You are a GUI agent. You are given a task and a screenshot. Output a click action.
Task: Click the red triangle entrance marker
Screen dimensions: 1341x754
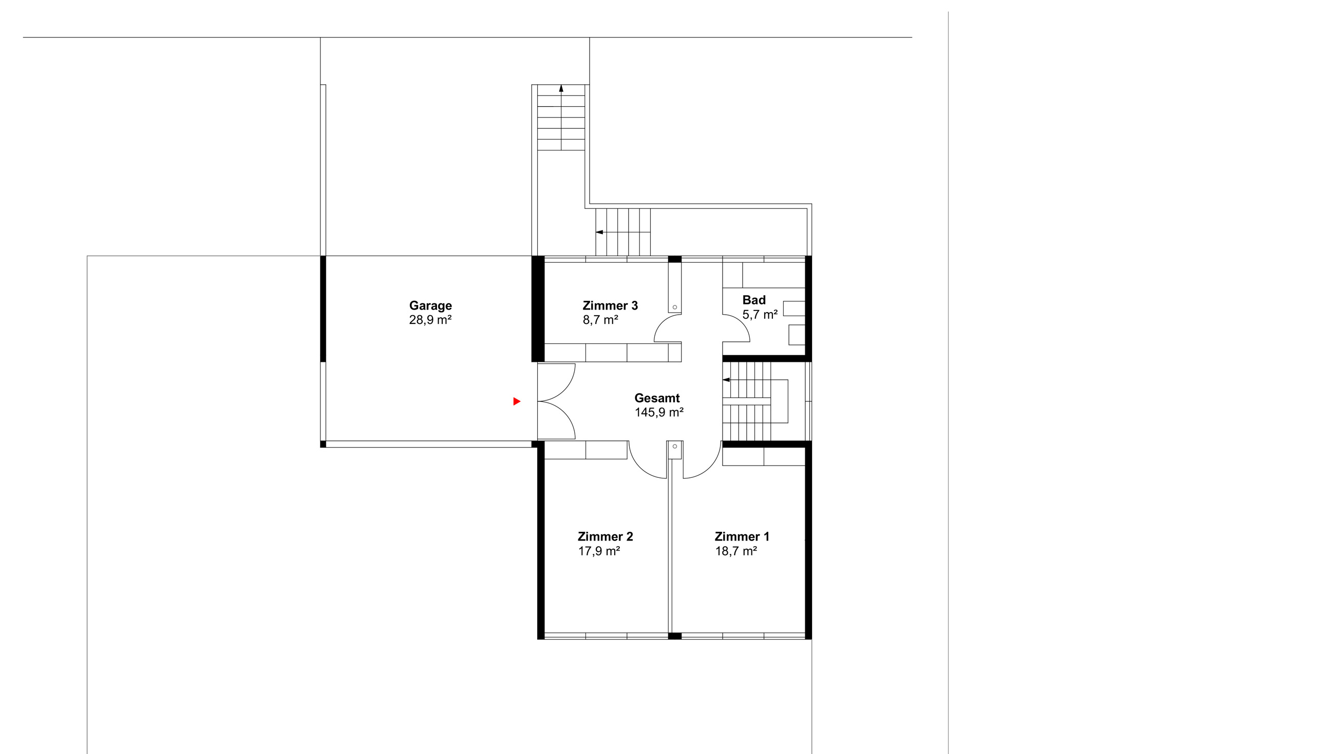coord(517,401)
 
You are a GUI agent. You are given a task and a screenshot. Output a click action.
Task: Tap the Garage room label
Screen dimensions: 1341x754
coord(430,306)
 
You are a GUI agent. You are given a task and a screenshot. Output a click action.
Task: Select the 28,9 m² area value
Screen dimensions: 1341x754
coord(430,319)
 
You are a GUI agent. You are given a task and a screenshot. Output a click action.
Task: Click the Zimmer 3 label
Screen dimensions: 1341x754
coord(610,305)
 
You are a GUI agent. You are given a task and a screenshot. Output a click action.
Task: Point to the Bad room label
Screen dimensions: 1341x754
coord(754,300)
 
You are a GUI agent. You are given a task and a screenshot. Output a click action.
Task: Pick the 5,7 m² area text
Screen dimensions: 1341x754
coord(760,314)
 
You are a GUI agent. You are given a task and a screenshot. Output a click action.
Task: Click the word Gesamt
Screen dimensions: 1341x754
coord(657,398)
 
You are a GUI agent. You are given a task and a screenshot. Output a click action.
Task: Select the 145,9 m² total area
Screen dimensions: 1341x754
coord(659,412)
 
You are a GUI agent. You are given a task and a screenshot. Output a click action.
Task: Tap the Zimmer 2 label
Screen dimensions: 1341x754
coord(606,536)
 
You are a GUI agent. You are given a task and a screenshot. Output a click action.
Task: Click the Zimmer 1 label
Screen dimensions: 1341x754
coord(742,536)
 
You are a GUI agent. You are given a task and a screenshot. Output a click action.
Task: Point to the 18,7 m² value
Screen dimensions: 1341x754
coord(736,551)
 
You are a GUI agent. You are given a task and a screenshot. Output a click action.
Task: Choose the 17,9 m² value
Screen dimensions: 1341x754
coord(599,551)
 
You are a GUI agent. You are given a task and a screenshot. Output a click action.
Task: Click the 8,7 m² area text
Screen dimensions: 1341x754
coord(600,319)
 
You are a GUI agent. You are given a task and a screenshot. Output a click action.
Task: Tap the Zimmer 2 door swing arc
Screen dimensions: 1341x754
coord(639,467)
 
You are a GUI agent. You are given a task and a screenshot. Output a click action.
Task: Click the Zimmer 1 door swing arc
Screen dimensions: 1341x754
coord(711,467)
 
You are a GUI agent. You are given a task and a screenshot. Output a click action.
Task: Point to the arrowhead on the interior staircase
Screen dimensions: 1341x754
coord(726,380)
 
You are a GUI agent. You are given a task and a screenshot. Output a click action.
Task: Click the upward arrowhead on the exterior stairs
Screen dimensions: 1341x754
coord(561,88)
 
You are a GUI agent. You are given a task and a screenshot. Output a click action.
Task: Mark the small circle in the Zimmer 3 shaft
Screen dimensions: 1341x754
coord(675,307)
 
